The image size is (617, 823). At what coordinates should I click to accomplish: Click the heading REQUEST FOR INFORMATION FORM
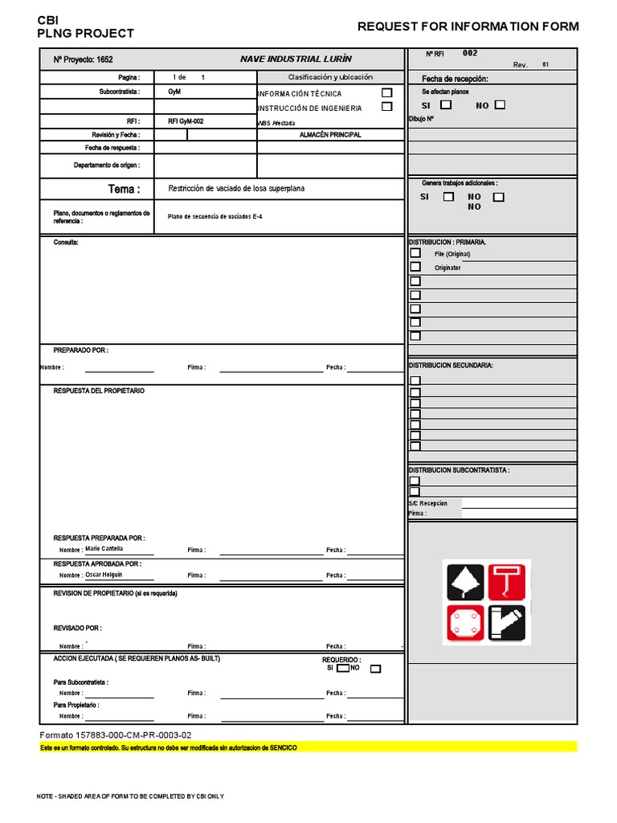click(468, 27)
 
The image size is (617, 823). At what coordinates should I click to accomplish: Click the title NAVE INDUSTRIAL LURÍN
click(296, 59)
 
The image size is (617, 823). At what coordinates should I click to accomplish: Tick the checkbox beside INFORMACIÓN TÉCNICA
click(387, 93)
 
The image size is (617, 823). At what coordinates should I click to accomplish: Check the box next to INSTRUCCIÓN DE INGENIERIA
click(387, 106)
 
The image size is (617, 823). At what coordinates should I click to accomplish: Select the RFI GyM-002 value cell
click(186, 121)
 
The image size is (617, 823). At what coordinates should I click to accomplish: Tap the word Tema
click(124, 189)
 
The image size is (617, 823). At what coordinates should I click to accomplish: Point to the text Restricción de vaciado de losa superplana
click(236, 189)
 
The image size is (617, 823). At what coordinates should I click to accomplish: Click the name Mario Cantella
click(104, 549)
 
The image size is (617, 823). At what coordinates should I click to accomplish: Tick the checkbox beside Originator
click(415, 267)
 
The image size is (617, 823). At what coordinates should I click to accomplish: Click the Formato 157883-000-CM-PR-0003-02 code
click(116, 735)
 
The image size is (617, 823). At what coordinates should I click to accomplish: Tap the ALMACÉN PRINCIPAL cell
click(330, 135)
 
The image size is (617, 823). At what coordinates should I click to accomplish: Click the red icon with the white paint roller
click(508, 580)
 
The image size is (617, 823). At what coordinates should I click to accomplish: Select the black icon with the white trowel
click(464, 580)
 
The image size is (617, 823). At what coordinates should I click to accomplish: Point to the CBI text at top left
click(48, 19)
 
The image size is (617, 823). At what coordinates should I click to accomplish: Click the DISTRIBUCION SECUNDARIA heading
click(451, 365)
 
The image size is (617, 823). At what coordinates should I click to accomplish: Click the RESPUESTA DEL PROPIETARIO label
click(99, 391)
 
